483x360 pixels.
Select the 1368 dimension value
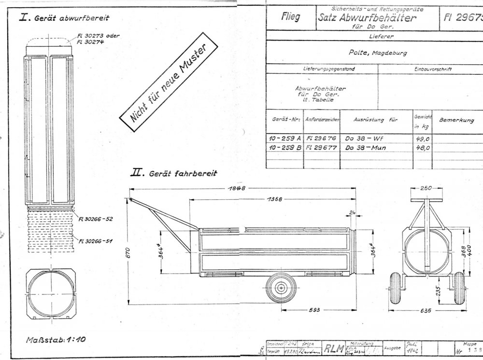point(274,198)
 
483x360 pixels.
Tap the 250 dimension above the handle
point(425,189)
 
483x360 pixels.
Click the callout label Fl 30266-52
point(96,219)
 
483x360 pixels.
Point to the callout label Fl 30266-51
point(96,240)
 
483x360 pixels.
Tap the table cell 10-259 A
point(284,138)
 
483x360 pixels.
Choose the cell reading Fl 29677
point(323,148)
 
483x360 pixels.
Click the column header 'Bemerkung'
point(456,120)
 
